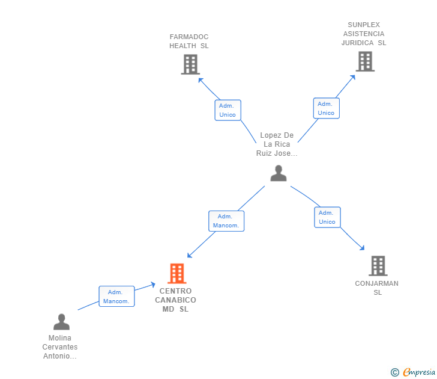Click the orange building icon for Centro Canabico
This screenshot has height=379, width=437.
[177, 274]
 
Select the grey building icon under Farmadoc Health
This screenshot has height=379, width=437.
[191, 64]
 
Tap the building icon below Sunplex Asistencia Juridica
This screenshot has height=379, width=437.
[365, 61]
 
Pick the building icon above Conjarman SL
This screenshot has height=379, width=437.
[378, 266]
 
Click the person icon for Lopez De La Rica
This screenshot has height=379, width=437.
[279, 173]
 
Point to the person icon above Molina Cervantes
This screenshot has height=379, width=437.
[62, 322]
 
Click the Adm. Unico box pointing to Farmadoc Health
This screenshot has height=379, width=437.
[228, 110]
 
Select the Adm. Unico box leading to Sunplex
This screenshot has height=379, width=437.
[327, 108]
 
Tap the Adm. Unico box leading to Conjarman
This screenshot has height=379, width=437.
[327, 217]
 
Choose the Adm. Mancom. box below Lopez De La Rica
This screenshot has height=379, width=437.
[226, 221]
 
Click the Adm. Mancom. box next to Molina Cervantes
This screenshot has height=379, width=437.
[117, 297]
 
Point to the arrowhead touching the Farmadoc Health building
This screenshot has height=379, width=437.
[200, 80]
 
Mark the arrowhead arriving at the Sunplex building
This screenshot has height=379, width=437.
[353, 78]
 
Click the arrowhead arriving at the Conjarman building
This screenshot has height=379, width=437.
[362, 248]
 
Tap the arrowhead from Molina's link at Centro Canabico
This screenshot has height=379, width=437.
[153, 285]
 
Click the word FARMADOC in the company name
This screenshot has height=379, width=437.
[189, 37]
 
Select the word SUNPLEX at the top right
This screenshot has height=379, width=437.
[364, 25]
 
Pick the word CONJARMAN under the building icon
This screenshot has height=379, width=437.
[376, 283]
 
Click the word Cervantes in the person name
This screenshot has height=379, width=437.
[60, 347]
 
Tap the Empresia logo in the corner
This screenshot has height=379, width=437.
[413, 372]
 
